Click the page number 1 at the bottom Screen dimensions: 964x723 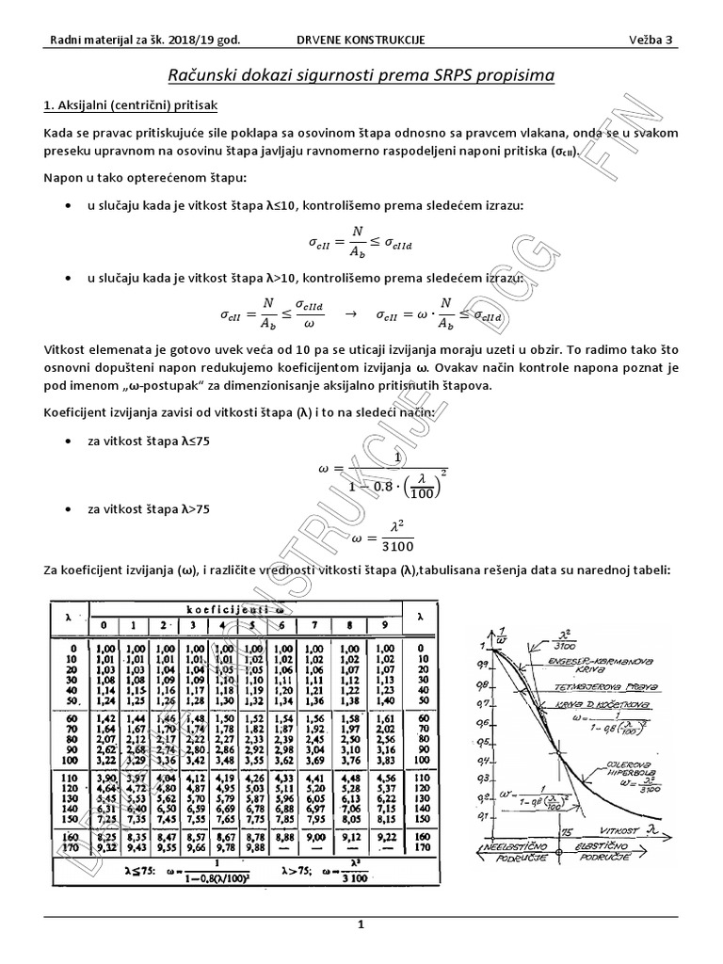tap(361, 926)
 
